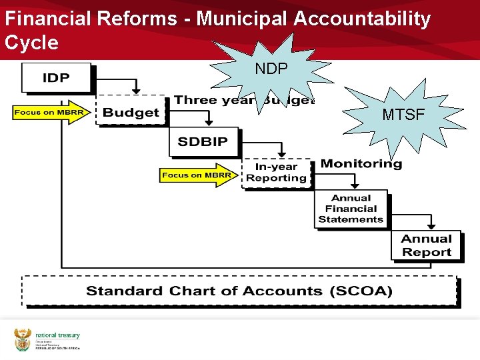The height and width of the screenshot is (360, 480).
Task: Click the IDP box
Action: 56,78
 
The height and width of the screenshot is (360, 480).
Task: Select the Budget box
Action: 131,112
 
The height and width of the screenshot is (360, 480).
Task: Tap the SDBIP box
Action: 203,142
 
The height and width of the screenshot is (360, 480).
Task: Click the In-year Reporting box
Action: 276,173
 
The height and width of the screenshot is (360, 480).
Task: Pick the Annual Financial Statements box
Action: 351,209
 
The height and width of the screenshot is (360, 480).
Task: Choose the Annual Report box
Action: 426,245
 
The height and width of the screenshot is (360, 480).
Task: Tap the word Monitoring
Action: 361,164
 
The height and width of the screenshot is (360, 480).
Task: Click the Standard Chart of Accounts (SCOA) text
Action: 239,291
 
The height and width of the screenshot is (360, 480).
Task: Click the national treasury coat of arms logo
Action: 23,339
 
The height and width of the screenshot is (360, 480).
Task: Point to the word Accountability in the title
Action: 362,19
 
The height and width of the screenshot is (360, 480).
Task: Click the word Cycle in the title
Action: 31,43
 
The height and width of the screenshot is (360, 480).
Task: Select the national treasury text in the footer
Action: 57,336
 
